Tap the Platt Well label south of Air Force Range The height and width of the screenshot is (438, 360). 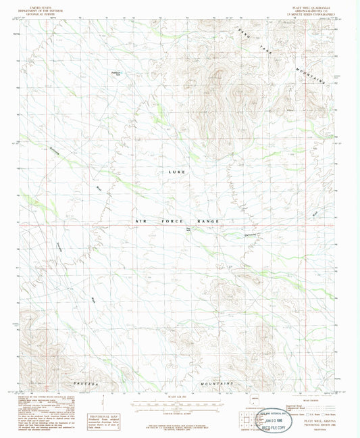188,229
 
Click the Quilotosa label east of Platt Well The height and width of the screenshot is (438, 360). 233,235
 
